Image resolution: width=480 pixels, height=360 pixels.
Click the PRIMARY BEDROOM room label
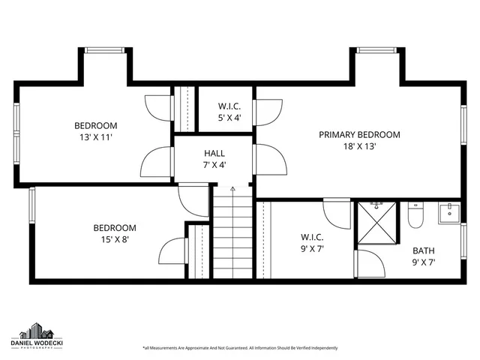(359, 135)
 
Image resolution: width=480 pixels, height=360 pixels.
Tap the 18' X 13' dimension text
(359, 147)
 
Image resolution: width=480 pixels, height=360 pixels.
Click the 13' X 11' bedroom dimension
(95, 137)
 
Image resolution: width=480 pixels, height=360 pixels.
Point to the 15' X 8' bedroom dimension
(114, 240)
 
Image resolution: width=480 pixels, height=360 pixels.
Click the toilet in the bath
(416, 214)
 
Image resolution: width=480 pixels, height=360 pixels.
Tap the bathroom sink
(448, 211)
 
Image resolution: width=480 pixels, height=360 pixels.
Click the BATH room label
(424, 250)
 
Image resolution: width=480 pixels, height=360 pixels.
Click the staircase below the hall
(233, 232)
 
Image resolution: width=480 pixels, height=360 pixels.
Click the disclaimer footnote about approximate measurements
(240, 348)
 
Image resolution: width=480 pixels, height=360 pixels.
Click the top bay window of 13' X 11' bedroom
(106, 51)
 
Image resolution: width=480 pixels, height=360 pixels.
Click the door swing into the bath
(369, 261)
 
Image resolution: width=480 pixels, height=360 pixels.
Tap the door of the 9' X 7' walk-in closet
(337, 212)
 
